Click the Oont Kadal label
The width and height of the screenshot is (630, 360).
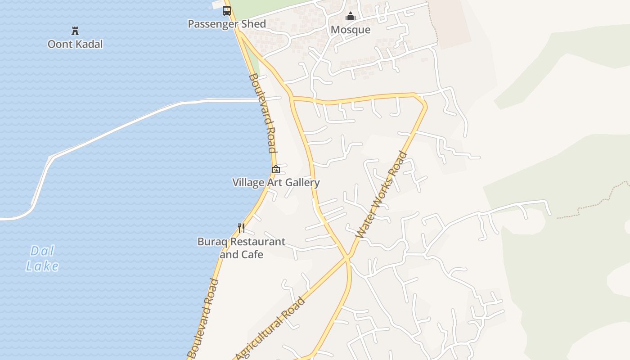pyautogui.click(x=75, y=44)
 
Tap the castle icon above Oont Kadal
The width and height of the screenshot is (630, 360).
pyautogui.click(x=75, y=31)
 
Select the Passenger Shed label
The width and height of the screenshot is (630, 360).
pyautogui.click(x=227, y=24)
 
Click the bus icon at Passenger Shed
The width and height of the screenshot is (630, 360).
pyautogui.click(x=227, y=11)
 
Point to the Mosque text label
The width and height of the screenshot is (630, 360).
pyautogui.click(x=351, y=30)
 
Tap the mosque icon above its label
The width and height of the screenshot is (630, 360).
pyautogui.click(x=351, y=17)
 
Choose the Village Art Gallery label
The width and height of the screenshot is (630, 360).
pyautogui.click(x=276, y=182)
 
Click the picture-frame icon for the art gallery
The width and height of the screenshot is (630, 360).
pyautogui.click(x=276, y=169)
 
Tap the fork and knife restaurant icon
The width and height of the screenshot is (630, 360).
pyautogui.click(x=241, y=228)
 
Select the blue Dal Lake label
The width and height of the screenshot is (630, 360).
pyautogui.click(x=42, y=258)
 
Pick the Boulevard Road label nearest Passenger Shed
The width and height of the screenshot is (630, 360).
pyautogui.click(x=262, y=113)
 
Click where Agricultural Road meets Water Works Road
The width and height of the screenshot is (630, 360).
pyautogui.click(x=347, y=258)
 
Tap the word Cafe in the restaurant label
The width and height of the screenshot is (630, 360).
pyautogui.click(x=252, y=255)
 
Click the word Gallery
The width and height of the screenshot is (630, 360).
pyautogui.click(x=302, y=182)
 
